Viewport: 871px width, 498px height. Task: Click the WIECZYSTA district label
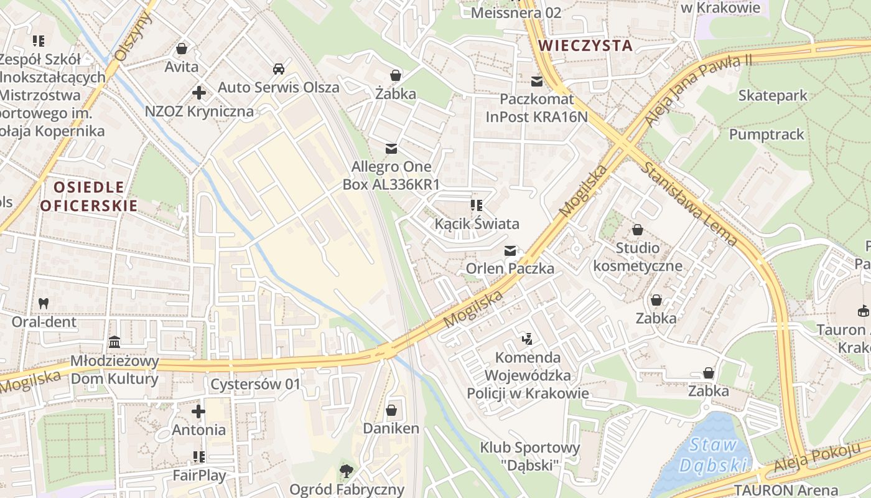pyautogui.click(x=585, y=45)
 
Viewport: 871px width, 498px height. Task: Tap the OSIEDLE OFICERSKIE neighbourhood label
pyautogui.click(x=88, y=196)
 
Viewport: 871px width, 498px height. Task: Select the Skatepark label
pyautogui.click(x=772, y=95)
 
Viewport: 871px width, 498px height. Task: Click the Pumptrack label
pyautogui.click(x=766, y=134)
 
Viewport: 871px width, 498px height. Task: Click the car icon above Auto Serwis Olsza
pyautogui.click(x=279, y=68)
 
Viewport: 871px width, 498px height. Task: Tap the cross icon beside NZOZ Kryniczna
pyautogui.click(x=199, y=93)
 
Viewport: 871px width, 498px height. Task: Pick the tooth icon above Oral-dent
pyautogui.click(x=44, y=303)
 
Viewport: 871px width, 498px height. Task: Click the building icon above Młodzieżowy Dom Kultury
pyautogui.click(x=114, y=342)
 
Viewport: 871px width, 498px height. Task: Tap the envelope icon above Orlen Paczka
pyautogui.click(x=510, y=250)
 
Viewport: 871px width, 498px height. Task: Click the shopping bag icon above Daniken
pyautogui.click(x=391, y=410)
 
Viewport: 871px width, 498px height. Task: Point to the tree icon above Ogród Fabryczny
pyautogui.click(x=347, y=471)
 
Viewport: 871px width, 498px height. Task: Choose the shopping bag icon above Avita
pyautogui.click(x=182, y=48)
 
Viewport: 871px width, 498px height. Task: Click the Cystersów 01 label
pyautogui.click(x=255, y=384)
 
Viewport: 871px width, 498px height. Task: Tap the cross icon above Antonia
pyautogui.click(x=198, y=411)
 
